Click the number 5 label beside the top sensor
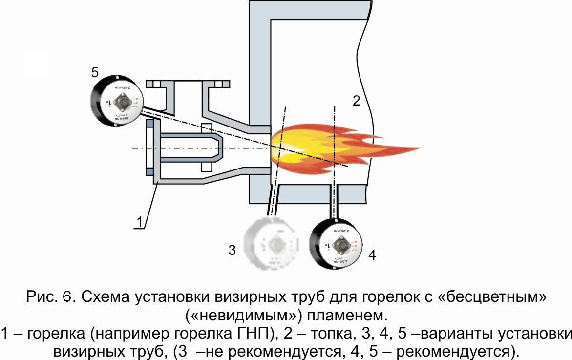(x=95, y=73)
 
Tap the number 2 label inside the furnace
(x=356, y=101)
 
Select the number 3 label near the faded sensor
(x=233, y=251)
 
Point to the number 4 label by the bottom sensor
(x=372, y=254)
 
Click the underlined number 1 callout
(x=139, y=222)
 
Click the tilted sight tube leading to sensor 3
(x=271, y=201)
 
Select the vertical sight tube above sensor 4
(x=334, y=201)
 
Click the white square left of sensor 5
(x=35, y=64)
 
